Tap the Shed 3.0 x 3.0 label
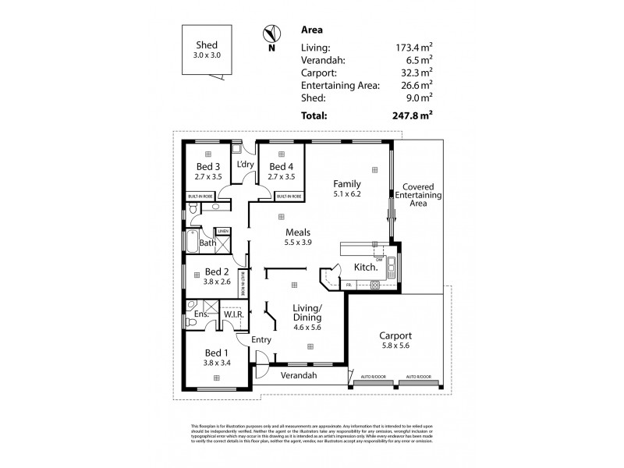coord(206,49)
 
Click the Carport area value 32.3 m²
coord(417,73)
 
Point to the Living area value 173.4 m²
coord(414,48)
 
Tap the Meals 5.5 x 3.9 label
coord(298,237)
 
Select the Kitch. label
coord(366,268)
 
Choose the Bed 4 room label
coord(279,172)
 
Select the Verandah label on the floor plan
coord(300,376)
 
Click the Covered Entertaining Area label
coord(419,195)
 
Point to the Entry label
coord(261,340)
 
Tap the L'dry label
coord(245,164)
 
